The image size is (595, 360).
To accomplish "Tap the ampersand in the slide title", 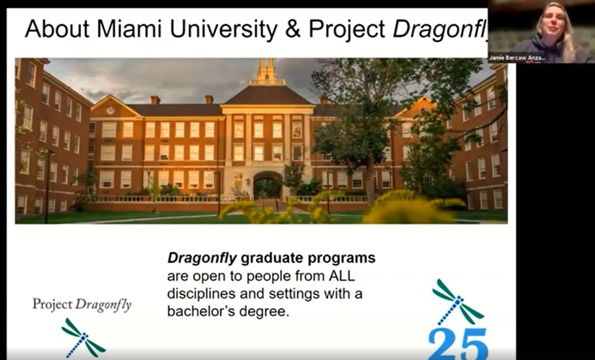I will pos(293,29).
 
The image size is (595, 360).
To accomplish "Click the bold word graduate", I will pos(259,259).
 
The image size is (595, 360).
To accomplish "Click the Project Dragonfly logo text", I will pos(82,305).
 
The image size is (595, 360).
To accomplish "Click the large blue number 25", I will pos(458,343).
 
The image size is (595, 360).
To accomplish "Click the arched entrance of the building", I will pos(268,186).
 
